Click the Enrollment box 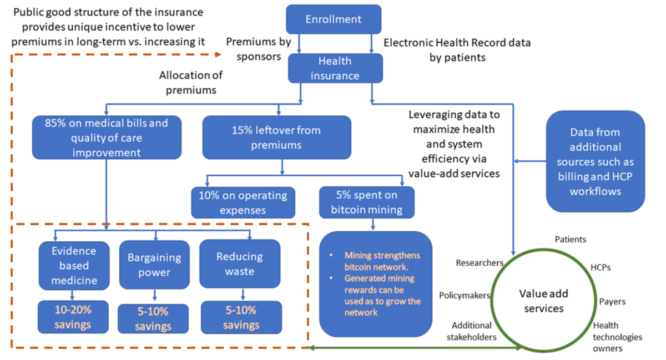click(334, 19)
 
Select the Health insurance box click(335, 68)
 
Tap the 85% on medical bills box click(107, 137)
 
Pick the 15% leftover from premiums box click(276, 138)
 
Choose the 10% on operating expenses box click(243, 202)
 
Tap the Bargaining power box click(154, 265)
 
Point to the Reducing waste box click(239, 264)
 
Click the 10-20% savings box click(73, 317)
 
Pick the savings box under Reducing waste click(241, 317)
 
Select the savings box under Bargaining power click(153, 318)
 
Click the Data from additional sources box click(595, 161)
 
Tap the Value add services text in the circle click(543, 301)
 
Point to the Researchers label click(480, 263)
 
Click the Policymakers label click(465, 296)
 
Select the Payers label click(612, 302)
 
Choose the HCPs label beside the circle click(601, 267)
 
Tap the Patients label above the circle click(571, 240)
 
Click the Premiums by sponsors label click(253, 48)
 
